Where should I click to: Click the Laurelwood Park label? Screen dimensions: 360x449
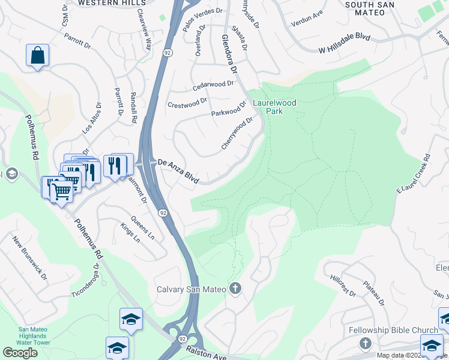tap(274, 107)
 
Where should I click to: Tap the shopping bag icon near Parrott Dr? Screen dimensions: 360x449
tap(37, 55)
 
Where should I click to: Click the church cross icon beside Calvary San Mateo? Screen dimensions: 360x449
tap(235, 289)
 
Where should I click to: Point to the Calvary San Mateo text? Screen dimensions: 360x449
tap(191, 290)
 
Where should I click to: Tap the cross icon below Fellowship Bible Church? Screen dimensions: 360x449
tap(365, 343)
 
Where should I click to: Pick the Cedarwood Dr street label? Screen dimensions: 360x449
tap(213, 86)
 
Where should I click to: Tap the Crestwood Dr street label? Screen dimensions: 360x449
tap(187, 104)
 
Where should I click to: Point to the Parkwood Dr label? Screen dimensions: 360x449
tap(229, 109)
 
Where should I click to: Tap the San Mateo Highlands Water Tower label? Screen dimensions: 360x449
tap(40, 333)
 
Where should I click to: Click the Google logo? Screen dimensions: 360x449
tap(20, 353)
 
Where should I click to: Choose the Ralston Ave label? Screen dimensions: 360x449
tap(206, 354)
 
